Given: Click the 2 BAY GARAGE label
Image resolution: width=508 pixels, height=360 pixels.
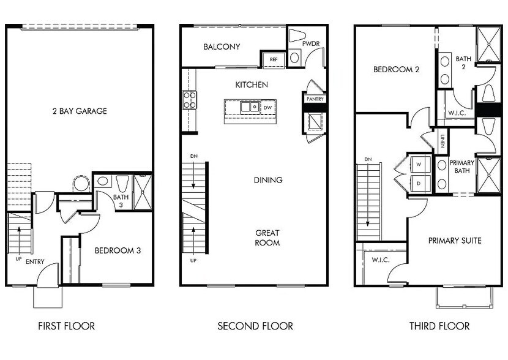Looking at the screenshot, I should pyautogui.click(x=80, y=111).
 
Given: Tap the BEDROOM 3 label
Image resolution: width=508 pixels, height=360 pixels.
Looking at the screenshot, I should pyautogui.click(x=118, y=250).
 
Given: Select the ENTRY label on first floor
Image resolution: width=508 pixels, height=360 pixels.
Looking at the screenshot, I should pyautogui.click(x=35, y=262).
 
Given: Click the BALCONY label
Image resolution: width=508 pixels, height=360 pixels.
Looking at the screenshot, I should pyautogui.click(x=222, y=47).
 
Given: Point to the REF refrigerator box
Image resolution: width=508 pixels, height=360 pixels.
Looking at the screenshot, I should pyautogui.click(x=273, y=59).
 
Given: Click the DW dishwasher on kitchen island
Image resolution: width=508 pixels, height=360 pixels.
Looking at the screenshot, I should pyautogui.click(x=267, y=108).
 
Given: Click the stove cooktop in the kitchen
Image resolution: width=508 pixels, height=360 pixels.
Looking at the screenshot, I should pyautogui.click(x=189, y=100).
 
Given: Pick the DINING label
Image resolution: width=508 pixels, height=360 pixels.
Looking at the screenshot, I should pyautogui.click(x=268, y=180).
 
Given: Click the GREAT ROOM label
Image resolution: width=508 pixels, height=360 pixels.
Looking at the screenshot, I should pyautogui.click(x=267, y=238).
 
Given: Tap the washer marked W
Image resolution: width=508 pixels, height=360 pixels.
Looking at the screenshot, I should pyautogui.click(x=419, y=165).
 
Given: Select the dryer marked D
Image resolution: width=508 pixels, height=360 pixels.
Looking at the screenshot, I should pyautogui.click(x=419, y=183).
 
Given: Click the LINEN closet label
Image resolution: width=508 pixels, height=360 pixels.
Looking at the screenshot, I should pyautogui.click(x=442, y=141).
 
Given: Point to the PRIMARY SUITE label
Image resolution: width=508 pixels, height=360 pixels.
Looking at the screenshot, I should pyautogui.click(x=454, y=241).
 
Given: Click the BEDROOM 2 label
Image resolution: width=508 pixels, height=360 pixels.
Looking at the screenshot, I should pyautogui.click(x=396, y=70).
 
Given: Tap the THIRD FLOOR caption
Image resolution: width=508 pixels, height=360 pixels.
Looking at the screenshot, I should pyautogui.click(x=439, y=326).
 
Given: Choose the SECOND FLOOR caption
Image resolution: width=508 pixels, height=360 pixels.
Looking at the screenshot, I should pyautogui.click(x=255, y=326).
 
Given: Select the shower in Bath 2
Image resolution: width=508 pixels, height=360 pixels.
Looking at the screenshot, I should pyautogui.click(x=488, y=44).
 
